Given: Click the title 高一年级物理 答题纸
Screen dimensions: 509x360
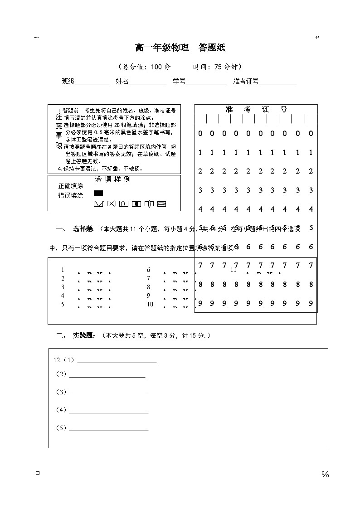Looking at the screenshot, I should click(x=180, y=48).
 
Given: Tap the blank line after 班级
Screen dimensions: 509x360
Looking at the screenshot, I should click(x=92, y=82).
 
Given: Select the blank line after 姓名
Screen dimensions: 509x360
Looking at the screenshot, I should click(x=148, y=82).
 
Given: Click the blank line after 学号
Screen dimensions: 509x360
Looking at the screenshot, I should click(x=206, y=82).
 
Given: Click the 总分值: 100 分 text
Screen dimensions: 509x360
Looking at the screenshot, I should click(x=144, y=67).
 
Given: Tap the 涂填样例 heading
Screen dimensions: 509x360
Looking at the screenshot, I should click(x=112, y=179).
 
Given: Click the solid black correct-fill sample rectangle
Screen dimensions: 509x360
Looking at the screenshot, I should click(x=98, y=193).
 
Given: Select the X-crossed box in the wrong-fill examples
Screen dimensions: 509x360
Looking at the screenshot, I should click(x=111, y=204).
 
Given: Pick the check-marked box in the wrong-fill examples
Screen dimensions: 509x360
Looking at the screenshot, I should click(x=98, y=204).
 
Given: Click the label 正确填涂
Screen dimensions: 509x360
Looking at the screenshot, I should click(x=71, y=186).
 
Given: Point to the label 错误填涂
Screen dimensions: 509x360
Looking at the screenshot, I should click(x=71, y=196).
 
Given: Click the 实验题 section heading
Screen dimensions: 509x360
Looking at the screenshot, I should click(x=84, y=335).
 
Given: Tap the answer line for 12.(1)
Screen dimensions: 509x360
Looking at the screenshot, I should click(x=117, y=362).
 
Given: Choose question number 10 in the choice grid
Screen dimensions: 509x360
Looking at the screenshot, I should click(x=150, y=305).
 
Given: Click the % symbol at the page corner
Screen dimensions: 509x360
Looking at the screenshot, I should click(x=325, y=474).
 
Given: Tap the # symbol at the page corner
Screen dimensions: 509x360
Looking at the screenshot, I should click(x=317, y=38).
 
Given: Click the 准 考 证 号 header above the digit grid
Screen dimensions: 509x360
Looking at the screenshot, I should click(x=256, y=109).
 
